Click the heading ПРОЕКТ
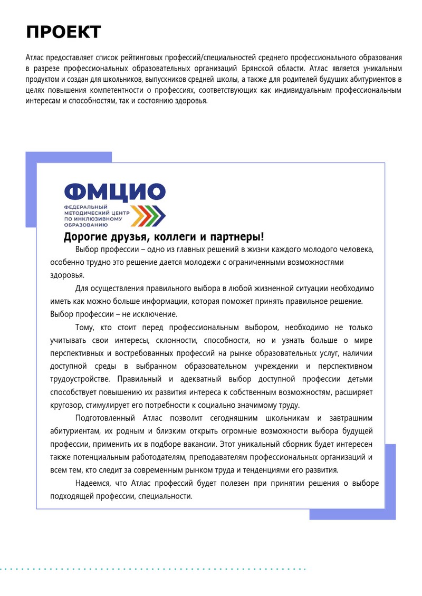coord(63,32)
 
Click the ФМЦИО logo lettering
coord(114,192)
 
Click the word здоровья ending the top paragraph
coord(191,102)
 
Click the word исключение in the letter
coord(149,314)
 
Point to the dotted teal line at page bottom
coord(153,569)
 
